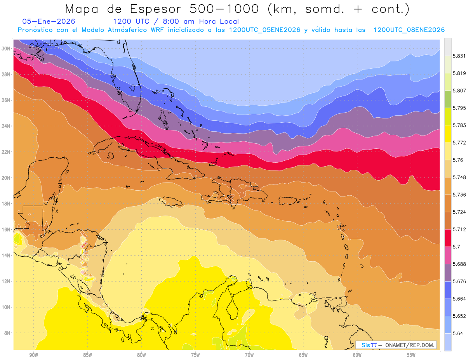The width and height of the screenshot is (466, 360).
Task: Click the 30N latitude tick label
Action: [6, 49]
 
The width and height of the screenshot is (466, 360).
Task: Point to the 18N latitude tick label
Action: [6, 203]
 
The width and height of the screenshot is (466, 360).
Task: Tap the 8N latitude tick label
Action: [7, 333]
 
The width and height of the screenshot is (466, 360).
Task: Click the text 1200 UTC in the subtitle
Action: [130, 21]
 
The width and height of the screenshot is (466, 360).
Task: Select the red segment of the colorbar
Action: [448, 238]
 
